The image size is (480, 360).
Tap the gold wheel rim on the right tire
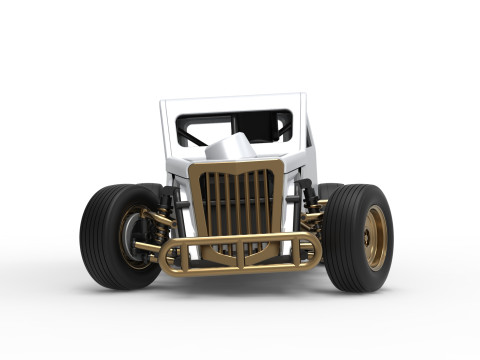pyautogui.click(x=375, y=238)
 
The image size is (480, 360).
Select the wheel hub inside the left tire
pyautogui.click(x=133, y=238)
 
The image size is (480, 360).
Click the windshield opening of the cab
pyautogui.click(x=235, y=124)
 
